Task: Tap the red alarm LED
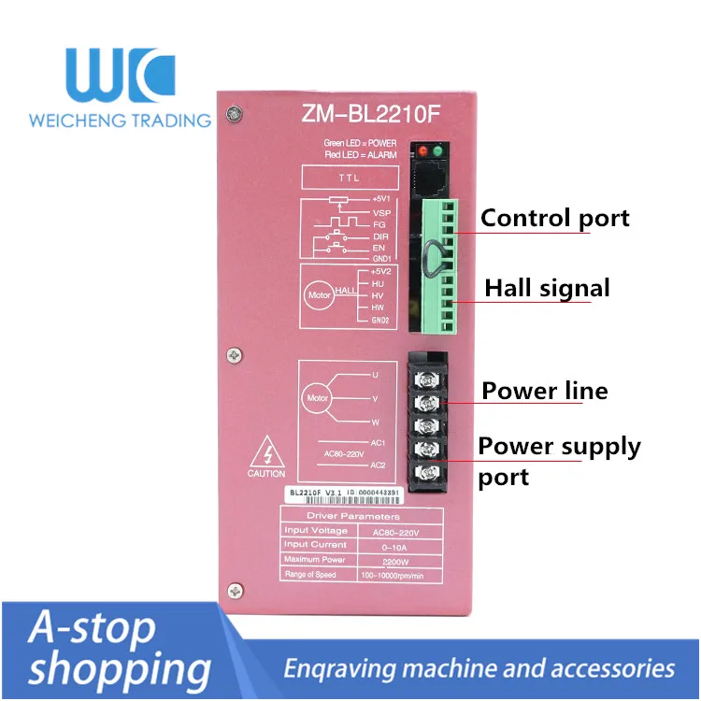(x=423, y=151)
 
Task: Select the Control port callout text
(x=555, y=219)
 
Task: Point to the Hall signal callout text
(x=547, y=288)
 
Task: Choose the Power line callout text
(x=544, y=390)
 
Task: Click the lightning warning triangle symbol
(x=266, y=456)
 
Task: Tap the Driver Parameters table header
(x=352, y=516)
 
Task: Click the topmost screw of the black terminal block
(x=428, y=379)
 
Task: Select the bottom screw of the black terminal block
(x=428, y=469)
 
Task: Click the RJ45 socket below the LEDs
(x=431, y=177)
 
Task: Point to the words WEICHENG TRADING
(x=120, y=120)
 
